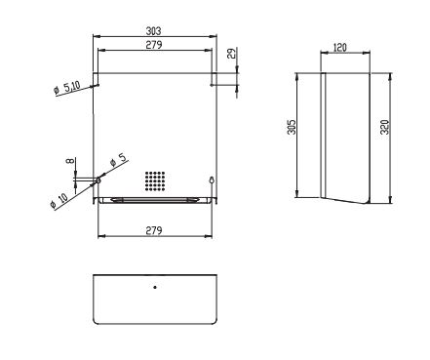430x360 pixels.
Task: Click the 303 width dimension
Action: [x=153, y=31]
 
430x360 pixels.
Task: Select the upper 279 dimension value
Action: [x=154, y=45]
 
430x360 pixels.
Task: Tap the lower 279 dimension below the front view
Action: [x=154, y=230]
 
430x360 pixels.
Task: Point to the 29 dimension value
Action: [x=231, y=54]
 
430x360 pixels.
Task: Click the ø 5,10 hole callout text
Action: [x=67, y=88]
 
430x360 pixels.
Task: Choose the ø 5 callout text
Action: [x=118, y=160]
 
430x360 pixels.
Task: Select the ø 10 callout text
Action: [x=59, y=200]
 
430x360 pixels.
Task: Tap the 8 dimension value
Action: [x=69, y=161]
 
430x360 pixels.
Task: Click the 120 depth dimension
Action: [x=340, y=48]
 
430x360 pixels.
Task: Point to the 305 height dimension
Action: [x=292, y=127]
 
